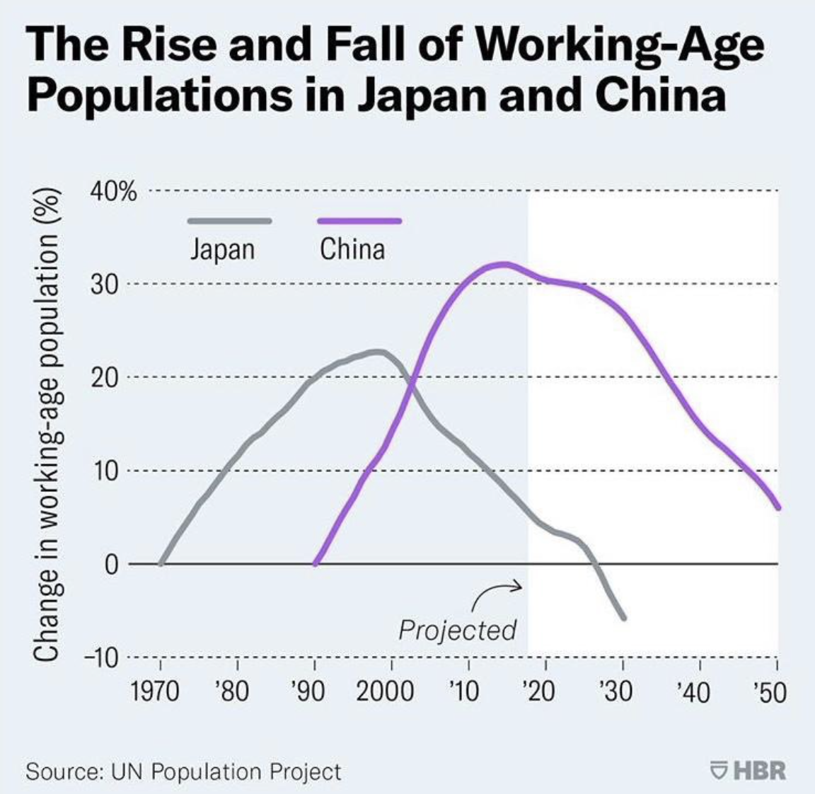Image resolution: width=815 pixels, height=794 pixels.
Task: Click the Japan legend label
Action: pos(222,249)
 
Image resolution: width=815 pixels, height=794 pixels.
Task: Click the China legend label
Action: pos(352,249)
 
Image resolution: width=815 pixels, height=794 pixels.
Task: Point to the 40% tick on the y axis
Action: pos(113,192)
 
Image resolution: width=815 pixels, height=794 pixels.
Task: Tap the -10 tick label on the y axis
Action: pos(102,657)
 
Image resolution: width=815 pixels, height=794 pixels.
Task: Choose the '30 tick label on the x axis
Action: pos(615,690)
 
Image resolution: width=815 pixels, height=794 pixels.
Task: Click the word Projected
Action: pos(457,629)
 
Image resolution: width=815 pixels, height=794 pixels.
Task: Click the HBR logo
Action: pos(748,769)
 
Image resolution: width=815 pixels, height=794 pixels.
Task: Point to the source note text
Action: pos(183,771)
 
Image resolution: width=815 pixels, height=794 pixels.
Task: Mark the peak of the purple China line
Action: pos(504,264)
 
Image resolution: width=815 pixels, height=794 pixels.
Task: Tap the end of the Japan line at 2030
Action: pos(624,618)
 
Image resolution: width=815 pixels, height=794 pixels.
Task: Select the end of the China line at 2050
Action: pos(778,507)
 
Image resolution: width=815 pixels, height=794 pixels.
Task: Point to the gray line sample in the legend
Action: pos(229,221)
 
